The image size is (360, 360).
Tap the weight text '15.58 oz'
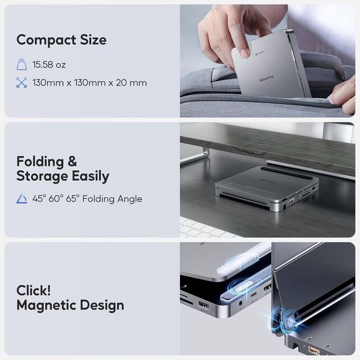click(49, 65)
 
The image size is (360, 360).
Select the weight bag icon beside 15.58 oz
click(22, 65)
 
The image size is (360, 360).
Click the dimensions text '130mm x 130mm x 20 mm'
click(89, 82)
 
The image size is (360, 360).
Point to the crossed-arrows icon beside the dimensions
click(22, 82)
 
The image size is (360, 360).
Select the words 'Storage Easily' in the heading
click(63, 176)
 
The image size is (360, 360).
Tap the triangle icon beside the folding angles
click(22, 199)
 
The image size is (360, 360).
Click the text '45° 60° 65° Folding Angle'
click(87, 199)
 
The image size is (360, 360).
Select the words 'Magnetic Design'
click(70, 305)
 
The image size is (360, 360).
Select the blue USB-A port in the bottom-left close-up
click(203, 307)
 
